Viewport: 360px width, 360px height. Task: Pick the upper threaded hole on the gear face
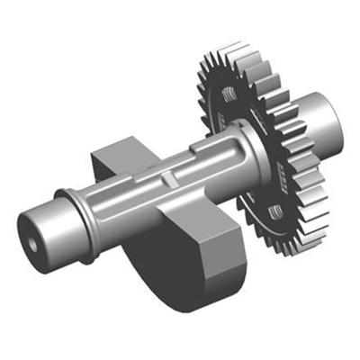(229, 94)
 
